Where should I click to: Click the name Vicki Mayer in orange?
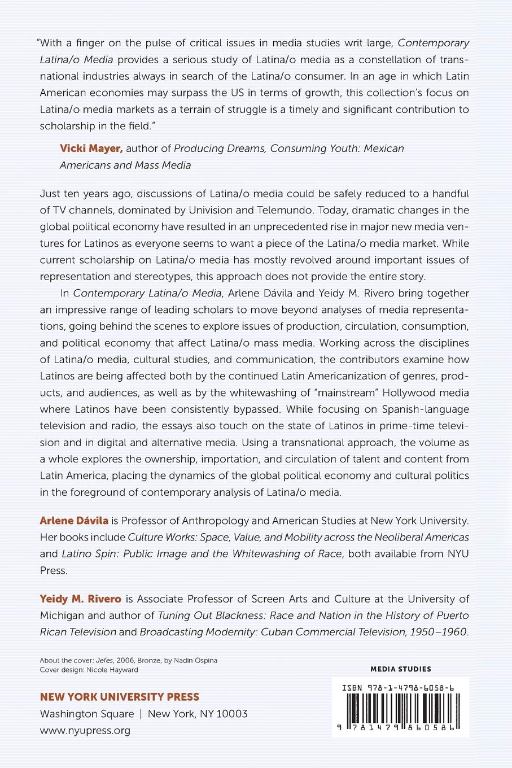click(x=91, y=149)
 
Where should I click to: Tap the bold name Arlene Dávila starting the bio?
click(x=74, y=521)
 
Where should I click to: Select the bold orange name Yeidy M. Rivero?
click(x=80, y=599)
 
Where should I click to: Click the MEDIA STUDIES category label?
click(x=400, y=669)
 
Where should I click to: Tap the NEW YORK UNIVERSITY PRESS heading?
click(x=119, y=697)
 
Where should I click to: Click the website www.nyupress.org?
click(x=85, y=730)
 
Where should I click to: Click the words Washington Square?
click(x=87, y=714)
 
